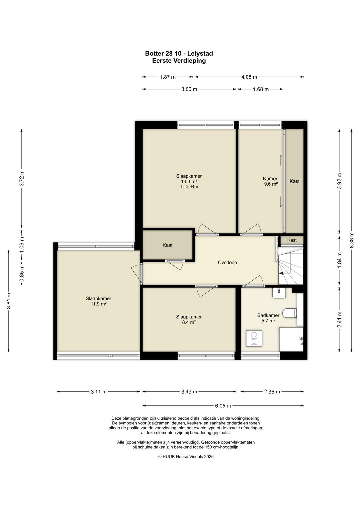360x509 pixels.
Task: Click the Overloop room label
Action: click(x=227, y=262)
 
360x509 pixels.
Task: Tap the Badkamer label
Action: click(x=268, y=315)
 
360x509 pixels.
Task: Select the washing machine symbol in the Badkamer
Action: click(x=254, y=338)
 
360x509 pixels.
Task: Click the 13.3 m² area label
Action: click(x=189, y=181)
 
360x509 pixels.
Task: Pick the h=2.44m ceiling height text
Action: click(x=190, y=187)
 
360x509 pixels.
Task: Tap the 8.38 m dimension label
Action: click(x=352, y=240)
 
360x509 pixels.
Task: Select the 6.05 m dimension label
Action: click(x=223, y=406)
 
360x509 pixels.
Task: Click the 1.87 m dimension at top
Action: click(x=168, y=77)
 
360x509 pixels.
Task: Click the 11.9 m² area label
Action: click(x=99, y=304)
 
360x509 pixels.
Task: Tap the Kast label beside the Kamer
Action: click(x=294, y=181)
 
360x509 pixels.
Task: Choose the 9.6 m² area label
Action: click(x=271, y=184)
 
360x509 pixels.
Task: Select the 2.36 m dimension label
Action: click(x=272, y=392)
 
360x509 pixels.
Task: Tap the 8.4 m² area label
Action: click(x=189, y=322)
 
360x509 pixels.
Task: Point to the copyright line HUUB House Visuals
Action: click(x=186, y=457)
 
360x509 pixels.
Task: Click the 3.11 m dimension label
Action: click(x=99, y=392)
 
